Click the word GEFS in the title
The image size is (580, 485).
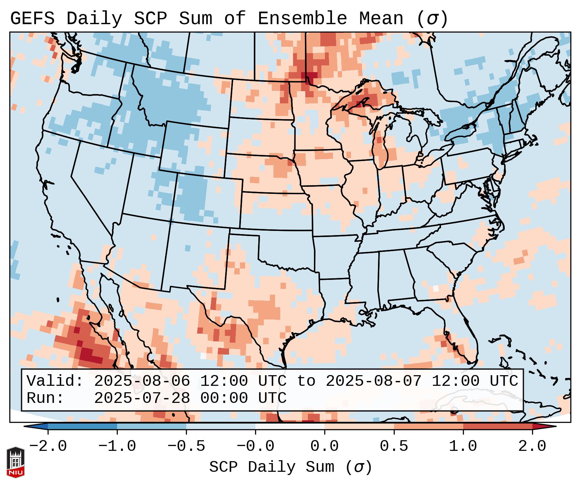pyautogui.click(x=32, y=19)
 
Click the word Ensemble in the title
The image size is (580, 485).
pyautogui.click(x=302, y=19)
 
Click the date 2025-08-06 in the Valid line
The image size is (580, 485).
pyautogui.click(x=142, y=381)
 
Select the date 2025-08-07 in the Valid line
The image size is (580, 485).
pyautogui.click(x=373, y=381)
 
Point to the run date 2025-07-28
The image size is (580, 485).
pyautogui.click(x=142, y=398)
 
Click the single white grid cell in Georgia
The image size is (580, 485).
pyautogui.click(x=436, y=288)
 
